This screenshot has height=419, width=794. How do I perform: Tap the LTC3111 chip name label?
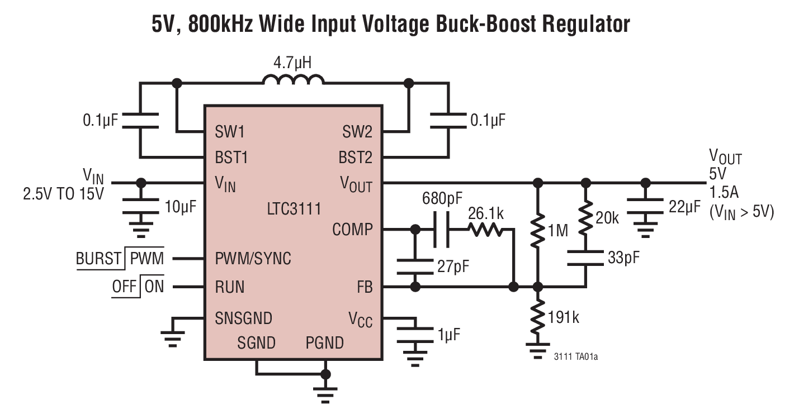coord(294,209)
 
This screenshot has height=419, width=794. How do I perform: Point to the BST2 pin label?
coord(355,158)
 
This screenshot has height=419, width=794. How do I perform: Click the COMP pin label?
coord(352,230)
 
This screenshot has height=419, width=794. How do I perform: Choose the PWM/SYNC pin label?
coord(253,259)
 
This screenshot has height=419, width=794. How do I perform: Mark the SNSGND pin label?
coord(243,318)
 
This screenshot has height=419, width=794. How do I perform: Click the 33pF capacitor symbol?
coord(585,258)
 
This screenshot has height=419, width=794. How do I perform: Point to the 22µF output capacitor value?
coord(684,207)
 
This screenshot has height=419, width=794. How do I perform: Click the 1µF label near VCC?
coord(449,335)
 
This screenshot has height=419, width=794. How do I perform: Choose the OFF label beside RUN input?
coord(124,287)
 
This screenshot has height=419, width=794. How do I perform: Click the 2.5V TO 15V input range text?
coord(63,194)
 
